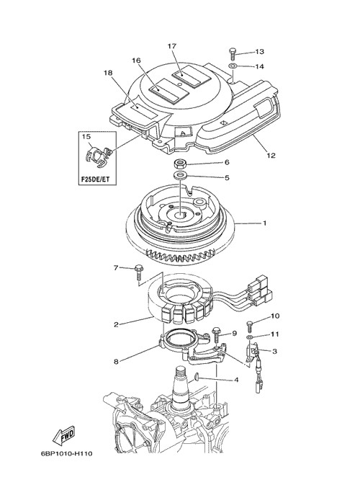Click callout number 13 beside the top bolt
click(x=259, y=51)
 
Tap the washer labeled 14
click(x=233, y=66)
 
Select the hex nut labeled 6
click(x=179, y=164)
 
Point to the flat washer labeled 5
click(x=180, y=175)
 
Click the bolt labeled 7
click(x=138, y=272)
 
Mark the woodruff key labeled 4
click(x=197, y=377)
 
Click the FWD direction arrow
click(x=63, y=435)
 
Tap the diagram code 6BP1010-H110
click(x=67, y=453)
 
